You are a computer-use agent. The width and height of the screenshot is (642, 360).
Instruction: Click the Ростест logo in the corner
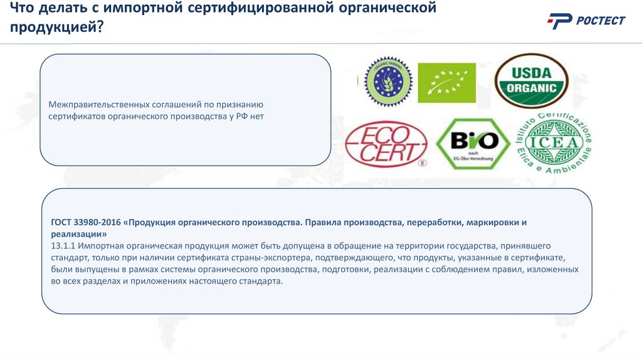point(586,21)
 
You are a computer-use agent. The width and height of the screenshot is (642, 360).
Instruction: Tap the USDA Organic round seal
point(531,80)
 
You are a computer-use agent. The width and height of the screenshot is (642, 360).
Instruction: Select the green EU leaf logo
point(447,82)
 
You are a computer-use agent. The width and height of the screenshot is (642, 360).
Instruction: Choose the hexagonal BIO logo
point(472,144)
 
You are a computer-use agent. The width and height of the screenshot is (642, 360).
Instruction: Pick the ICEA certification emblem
point(553,144)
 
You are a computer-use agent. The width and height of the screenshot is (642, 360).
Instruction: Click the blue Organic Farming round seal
point(388,82)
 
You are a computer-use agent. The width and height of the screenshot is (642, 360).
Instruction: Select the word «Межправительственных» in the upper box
point(98,104)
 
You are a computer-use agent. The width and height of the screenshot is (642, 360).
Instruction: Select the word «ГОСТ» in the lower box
point(63,222)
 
